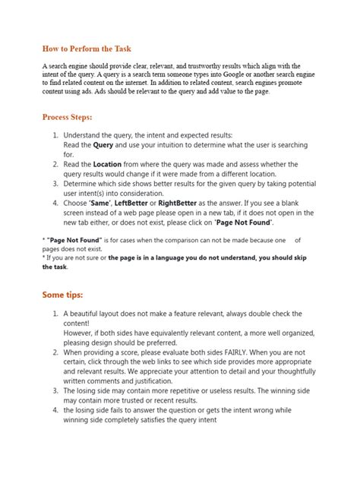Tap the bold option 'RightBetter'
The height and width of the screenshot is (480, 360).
pyautogui.click(x=210, y=204)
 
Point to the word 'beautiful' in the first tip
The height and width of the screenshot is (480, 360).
pyautogui.click(x=89, y=313)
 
